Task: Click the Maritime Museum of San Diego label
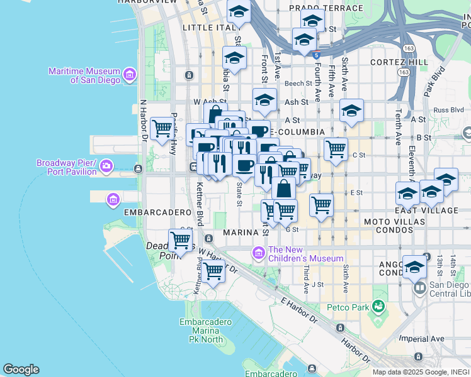[x=86, y=75]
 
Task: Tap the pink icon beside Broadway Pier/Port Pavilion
[x=106, y=167]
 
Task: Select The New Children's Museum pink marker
[x=258, y=253]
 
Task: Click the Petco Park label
[x=346, y=307]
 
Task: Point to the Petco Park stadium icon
[x=378, y=307]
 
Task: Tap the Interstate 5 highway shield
[x=316, y=55]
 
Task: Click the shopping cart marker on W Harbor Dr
[x=213, y=271]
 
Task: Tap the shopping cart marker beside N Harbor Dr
[x=163, y=128]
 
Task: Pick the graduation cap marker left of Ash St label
[x=264, y=100]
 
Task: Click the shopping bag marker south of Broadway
[x=284, y=188]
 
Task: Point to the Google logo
[x=21, y=369]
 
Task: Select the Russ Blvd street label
[x=448, y=109]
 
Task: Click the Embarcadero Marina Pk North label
[x=201, y=331]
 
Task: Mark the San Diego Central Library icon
[x=419, y=288]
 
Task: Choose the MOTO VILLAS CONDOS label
[x=389, y=226]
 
